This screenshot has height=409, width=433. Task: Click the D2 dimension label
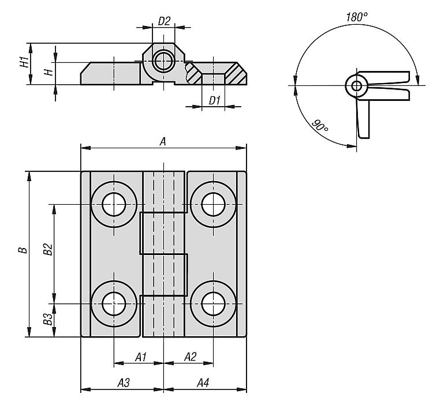point(164,21)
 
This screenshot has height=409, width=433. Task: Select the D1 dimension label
point(215,100)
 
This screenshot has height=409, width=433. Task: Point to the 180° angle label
point(357,17)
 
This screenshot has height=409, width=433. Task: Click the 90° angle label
point(320,126)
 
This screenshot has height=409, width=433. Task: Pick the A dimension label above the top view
point(163,141)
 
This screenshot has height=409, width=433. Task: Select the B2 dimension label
point(48,249)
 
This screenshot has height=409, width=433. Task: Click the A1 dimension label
point(140,357)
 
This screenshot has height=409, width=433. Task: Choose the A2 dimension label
point(191,357)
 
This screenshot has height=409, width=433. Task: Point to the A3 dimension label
point(124,383)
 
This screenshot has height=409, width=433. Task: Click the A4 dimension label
point(203,383)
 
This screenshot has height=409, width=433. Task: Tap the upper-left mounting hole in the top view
point(114,204)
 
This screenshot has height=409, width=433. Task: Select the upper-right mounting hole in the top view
point(213,204)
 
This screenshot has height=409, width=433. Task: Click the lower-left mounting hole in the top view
point(114,304)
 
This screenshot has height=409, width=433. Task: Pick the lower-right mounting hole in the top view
point(213,304)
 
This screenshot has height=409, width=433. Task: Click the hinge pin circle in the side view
point(163,61)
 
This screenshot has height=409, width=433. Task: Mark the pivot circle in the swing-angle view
point(357,86)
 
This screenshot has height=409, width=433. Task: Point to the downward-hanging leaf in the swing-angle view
point(363,119)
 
